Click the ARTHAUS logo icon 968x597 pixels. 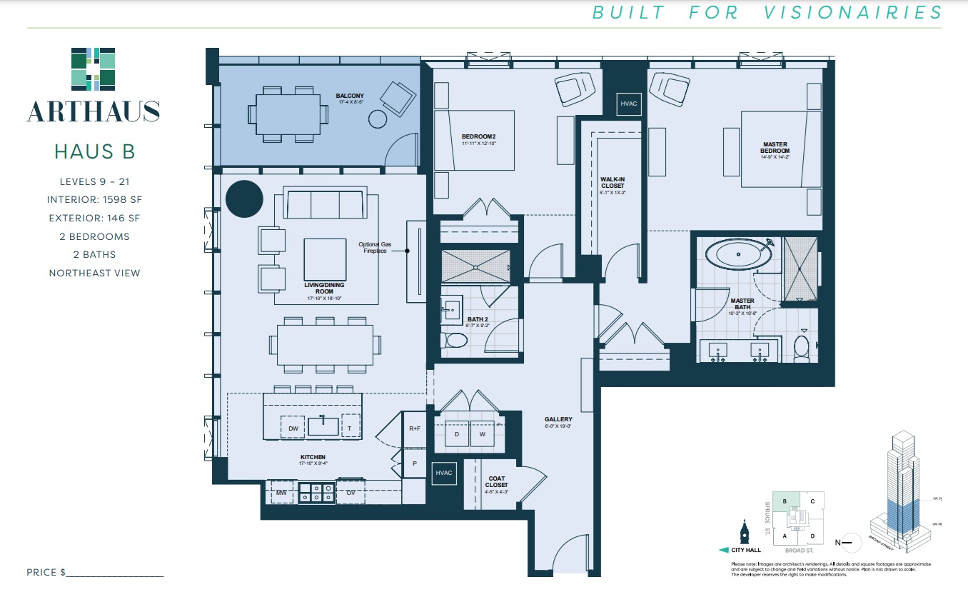94,70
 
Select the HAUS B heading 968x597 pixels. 94,151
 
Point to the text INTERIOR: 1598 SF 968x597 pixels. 94,200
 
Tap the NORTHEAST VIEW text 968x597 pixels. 94,273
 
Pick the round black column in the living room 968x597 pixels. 244,199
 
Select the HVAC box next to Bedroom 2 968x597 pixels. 628,104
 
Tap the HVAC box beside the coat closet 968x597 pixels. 444,473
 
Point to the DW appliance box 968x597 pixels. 293,428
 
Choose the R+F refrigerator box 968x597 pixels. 414,428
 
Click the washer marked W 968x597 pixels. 483,433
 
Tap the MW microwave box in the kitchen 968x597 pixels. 281,493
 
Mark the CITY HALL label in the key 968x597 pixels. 747,550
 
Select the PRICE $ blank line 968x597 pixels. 114,573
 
